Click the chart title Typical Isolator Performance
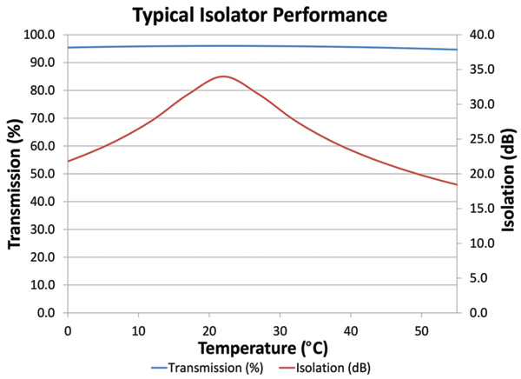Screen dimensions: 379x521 coord(260,14)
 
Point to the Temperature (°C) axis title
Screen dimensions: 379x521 coord(261,349)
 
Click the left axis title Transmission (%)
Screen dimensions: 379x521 coord(14,174)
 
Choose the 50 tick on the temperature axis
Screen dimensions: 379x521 coord(421,329)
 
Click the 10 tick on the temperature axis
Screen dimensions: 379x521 coord(138,329)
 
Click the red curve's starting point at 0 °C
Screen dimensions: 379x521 coord(68,161)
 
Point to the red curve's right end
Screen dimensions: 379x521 coord(456,184)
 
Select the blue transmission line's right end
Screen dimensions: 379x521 coord(456,50)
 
